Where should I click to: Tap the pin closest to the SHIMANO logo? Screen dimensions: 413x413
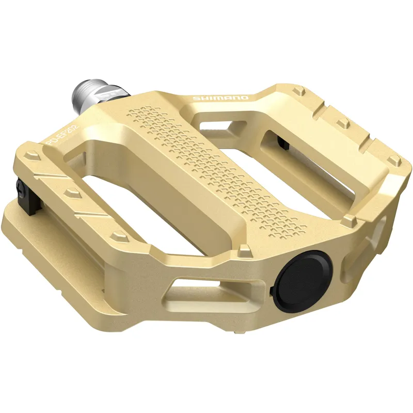pyautogui.click(x=298, y=92)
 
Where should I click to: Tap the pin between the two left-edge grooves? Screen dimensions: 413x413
pyautogui.click(x=71, y=194)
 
